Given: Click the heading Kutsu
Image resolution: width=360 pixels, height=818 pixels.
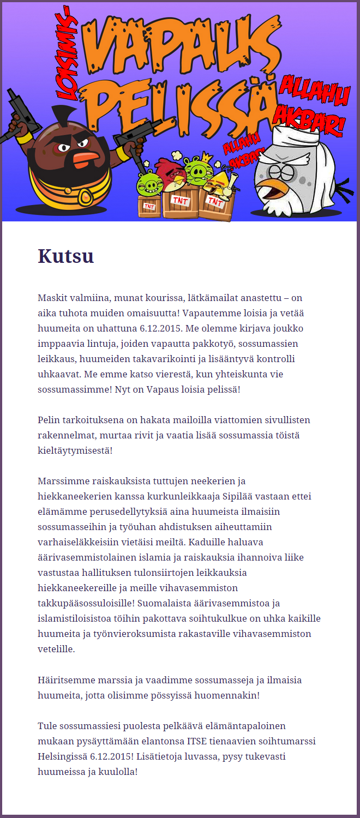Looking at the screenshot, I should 65,256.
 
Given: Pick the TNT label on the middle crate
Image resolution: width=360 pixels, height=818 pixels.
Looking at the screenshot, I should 179,200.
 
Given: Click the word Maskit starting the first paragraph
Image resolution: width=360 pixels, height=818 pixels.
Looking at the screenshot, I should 51,298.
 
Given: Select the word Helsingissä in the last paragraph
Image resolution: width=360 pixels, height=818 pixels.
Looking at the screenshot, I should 63,757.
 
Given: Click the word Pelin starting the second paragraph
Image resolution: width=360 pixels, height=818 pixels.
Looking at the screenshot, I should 49,420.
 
